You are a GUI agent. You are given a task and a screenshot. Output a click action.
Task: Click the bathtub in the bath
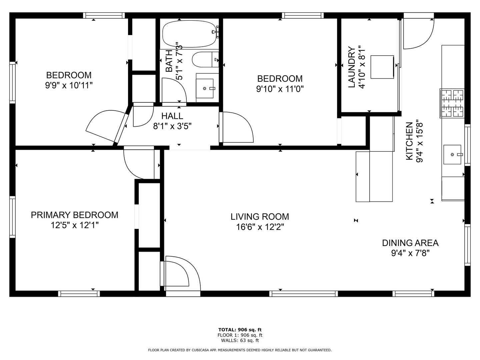click(189, 34)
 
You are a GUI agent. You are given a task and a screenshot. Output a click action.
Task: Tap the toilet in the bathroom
click(205, 59)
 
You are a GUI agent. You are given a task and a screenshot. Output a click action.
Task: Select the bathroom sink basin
click(204, 88)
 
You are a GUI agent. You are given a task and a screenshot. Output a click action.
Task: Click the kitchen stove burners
click(452, 103)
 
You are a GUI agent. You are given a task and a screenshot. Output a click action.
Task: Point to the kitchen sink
click(452, 155)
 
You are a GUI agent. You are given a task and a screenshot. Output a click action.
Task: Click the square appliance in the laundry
click(382, 67)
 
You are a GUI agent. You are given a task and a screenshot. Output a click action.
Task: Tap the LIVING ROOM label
click(260, 217)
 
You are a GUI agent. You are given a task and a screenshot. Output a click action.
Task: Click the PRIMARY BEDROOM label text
click(75, 215)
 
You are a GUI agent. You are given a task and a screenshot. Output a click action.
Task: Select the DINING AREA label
click(410, 243)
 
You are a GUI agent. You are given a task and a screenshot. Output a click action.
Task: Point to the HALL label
click(172, 116)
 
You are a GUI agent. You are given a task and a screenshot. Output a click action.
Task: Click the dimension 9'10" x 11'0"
click(280, 89)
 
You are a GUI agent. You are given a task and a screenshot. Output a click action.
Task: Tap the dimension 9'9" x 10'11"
click(69, 85)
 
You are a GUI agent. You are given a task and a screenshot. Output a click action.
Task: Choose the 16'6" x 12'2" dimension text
click(260, 227)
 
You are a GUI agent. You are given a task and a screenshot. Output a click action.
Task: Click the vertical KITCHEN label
click(409, 141)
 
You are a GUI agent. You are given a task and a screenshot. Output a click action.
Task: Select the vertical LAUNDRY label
click(352, 67)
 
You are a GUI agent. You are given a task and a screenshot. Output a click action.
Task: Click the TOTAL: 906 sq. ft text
click(240, 330)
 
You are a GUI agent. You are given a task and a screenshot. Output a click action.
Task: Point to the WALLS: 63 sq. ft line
click(240, 340)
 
